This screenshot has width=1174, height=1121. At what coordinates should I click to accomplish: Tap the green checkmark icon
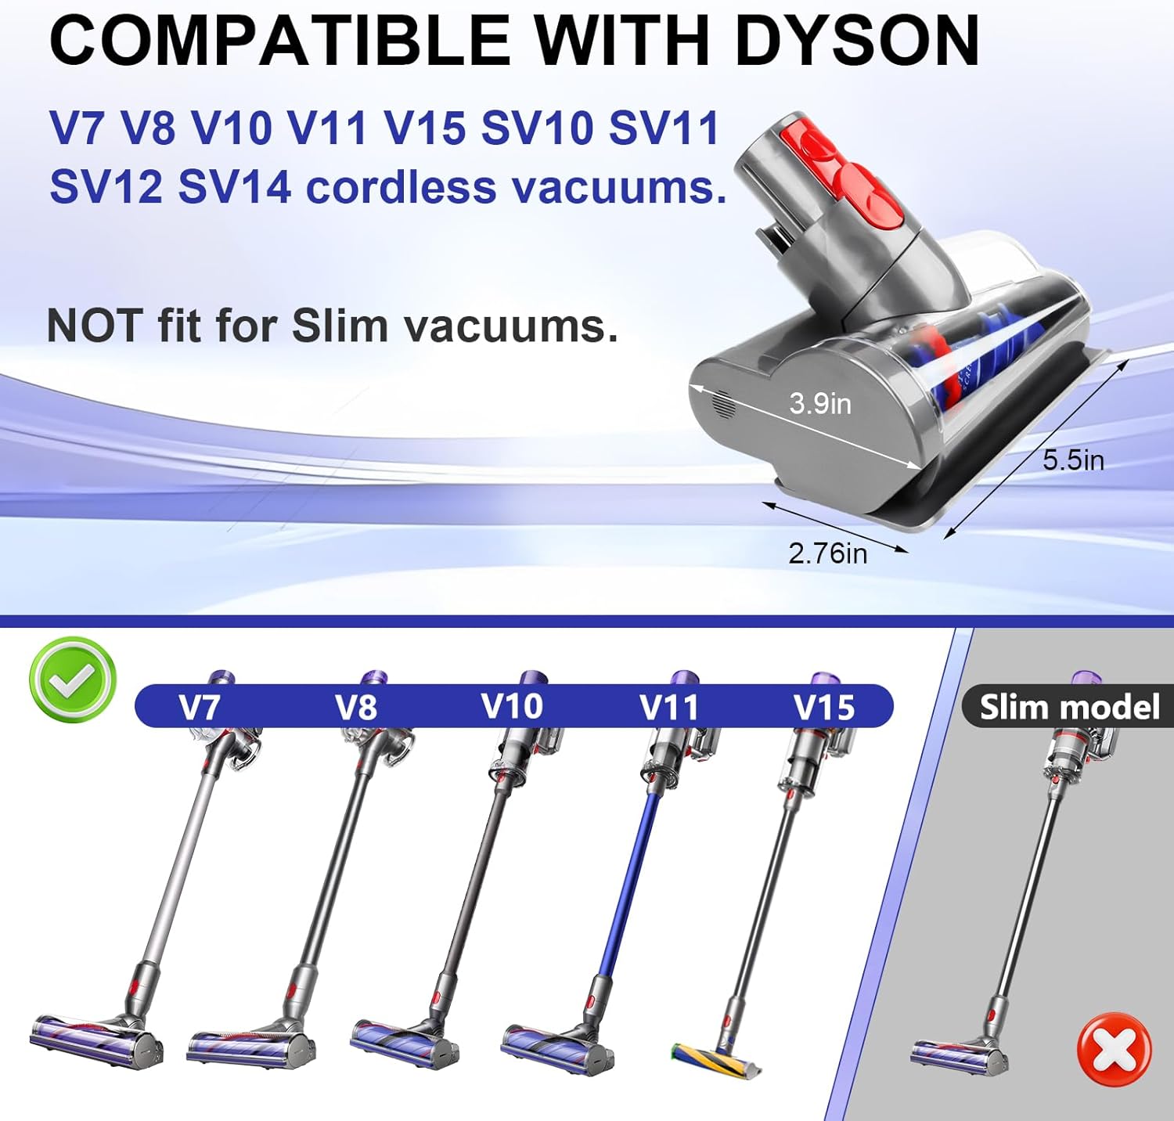coord(73,679)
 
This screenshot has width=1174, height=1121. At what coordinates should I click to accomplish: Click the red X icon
coord(1115,1050)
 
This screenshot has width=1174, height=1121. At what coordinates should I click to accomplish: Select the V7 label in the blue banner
coord(199,707)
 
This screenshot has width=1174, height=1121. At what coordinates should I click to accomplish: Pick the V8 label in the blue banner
coord(356,707)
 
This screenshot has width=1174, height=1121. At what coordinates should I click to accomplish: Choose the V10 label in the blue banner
coord(512,706)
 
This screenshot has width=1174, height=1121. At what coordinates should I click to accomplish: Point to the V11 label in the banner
coord(668,707)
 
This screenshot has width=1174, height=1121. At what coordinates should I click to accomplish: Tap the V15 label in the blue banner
coord(824,707)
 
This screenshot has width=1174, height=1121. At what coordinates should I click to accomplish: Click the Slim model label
coord(1069,707)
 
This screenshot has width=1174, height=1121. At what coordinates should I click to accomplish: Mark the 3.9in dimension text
coord(819,403)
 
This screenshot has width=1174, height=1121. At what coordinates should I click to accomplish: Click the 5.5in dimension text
coord(1073,460)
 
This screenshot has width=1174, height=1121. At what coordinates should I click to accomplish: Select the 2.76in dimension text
coord(827,553)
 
